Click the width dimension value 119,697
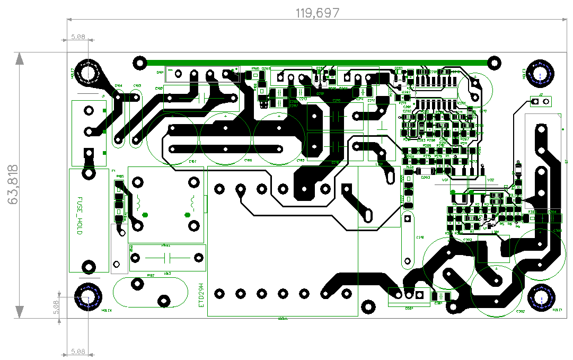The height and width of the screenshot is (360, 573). click(317, 13)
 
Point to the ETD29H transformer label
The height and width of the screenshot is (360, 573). click(201, 299)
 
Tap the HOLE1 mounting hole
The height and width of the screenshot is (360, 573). click(542, 298)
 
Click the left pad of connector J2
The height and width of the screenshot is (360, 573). click(535, 101)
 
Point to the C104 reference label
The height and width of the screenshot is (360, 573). click(119, 85)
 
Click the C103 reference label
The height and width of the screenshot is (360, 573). click(137, 85)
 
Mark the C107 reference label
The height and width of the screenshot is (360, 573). click(193, 161)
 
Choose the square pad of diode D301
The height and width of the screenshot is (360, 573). click(420, 295)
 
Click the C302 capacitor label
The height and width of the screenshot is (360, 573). click(520, 312)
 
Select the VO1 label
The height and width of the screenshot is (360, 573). click(445, 180)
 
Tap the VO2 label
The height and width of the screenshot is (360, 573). click(490, 180)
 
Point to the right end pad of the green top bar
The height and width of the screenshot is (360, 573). click(494, 63)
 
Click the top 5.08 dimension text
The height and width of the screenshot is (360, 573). click(77, 37)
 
